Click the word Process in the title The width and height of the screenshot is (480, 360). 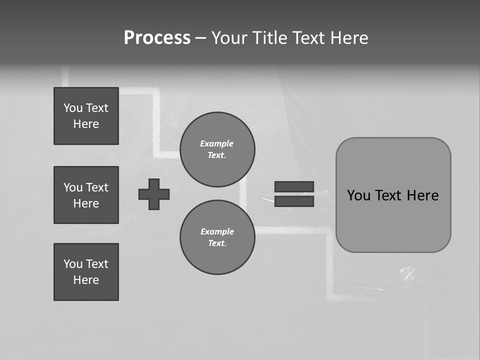pyautogui.click(x=157, y=38)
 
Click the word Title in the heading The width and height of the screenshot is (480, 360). pyautogui.click(x=269, y=38)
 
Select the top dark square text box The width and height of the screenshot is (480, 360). pyautogui.click(x=86, y=116)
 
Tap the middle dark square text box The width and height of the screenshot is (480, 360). pyautogui.click(x=86, y=195)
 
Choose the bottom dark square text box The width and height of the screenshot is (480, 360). pyautogui.click(x=86, y=272)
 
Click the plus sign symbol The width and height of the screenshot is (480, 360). pyautogui.click(x=154, y=194)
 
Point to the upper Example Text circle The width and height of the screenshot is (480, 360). pyautogui.click(x=217, y=149)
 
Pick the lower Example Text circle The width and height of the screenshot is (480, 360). pyautogui.click(x=217, y=237)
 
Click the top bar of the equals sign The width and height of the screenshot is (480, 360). pyautogui.click(x=294, y=186)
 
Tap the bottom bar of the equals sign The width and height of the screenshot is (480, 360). pyautogui.click(x=294, y=201)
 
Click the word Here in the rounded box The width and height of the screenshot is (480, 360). pyautogui.click(x=422, y=195)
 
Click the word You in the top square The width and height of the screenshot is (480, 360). pyautogui.click(x=73, y=108)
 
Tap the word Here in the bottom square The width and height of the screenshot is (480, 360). pyautogui.click(x=86, y=280)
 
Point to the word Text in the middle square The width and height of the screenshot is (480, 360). pyautogui.click(x=97, y=187)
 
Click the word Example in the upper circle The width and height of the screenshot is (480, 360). pyautogui.click(x=217, y=143)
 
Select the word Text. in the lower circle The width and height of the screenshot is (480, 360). pyautogui.click(x=217, y=243)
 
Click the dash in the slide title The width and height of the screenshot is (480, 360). pyautogui.click(x=200, y=38)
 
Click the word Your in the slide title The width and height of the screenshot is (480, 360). pyautogui.click(x=230, y=38)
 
